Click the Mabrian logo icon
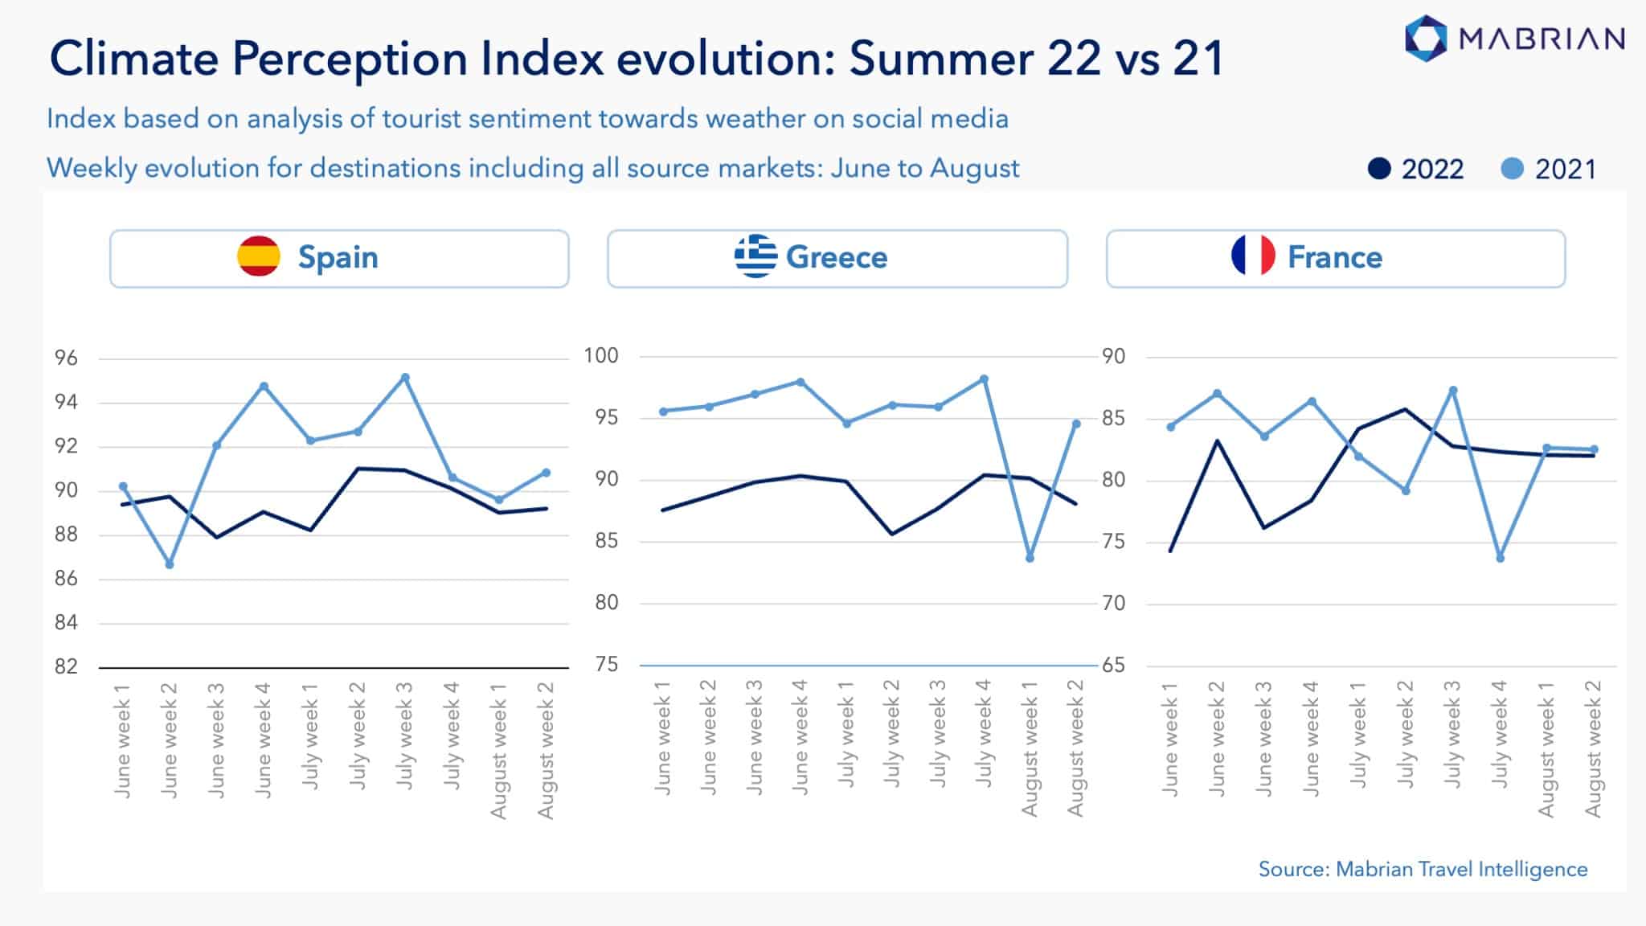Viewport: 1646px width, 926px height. point(1426,38)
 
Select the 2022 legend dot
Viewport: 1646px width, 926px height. point(1379,169)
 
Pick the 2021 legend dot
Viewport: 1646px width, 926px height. point(1512,169)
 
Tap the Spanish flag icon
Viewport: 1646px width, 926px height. point(259,256)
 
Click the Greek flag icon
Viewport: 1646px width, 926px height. point(755,256)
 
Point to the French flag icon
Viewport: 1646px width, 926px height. point(1253,256)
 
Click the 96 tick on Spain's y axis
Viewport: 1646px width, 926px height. point(66,358)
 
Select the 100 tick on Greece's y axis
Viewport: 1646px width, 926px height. point(601,355)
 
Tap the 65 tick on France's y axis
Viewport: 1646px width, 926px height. point(1113,666)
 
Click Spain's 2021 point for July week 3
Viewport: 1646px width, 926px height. point(405,377)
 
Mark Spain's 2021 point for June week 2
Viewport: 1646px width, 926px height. point(170,564)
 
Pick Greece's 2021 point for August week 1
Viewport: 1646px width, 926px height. point(1030,558)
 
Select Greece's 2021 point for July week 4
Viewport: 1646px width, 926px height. point(984,379)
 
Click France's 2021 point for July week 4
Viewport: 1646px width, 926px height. point(1500,558)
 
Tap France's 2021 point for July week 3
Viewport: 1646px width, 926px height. point(1453,391)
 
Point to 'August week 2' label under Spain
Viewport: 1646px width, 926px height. point(547,749)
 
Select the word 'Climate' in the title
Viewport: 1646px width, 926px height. point(133,59)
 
